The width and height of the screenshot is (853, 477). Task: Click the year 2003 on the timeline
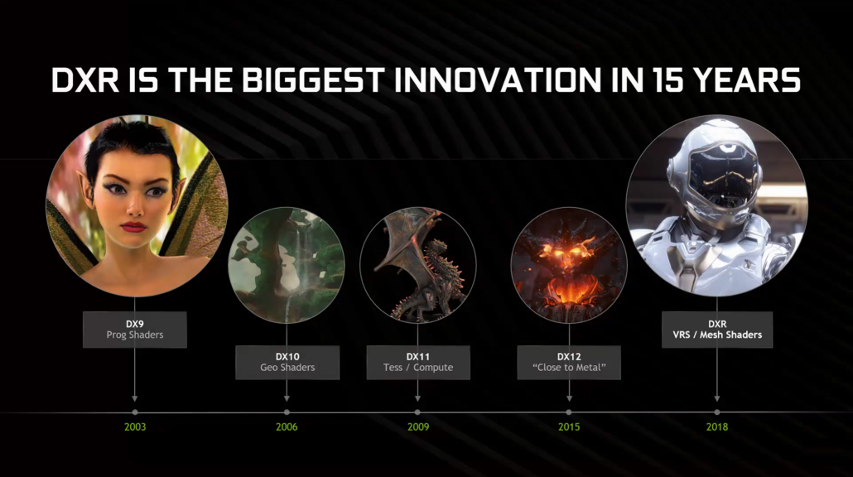134,426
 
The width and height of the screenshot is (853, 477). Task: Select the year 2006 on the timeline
287,426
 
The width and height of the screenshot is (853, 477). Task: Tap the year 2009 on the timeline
417,426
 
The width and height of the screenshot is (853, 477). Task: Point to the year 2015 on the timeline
569,426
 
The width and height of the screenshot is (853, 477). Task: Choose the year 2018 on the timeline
717,426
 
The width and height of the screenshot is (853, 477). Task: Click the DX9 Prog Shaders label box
134,329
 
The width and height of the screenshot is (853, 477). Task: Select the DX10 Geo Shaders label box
287,362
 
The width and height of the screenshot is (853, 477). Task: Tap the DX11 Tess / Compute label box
417,362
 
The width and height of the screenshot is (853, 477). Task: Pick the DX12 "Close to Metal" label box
569,362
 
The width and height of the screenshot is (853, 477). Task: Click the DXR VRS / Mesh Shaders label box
717,329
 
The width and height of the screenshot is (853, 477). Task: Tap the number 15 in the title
645,80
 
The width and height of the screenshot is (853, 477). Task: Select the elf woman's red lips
133,226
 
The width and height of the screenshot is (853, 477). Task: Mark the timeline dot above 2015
569,412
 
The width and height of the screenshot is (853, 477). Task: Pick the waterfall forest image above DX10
287,265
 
